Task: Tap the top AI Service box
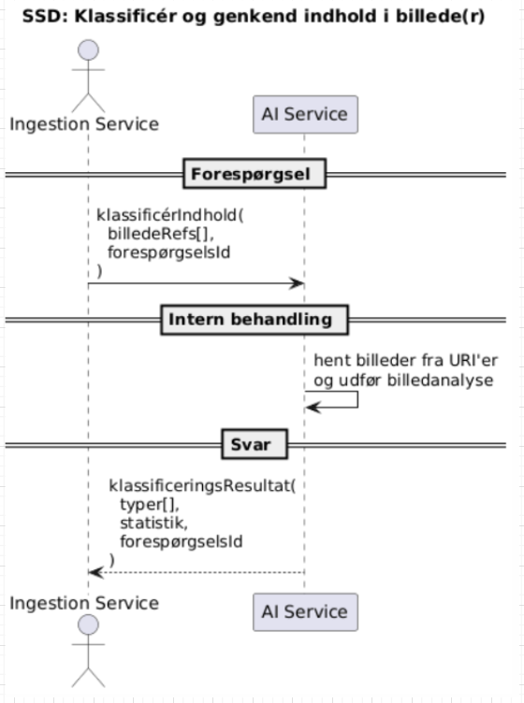point(305,115)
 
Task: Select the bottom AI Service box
point(305,612)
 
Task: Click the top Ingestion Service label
point(84,123)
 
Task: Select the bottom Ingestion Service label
point(84,603)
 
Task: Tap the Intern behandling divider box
point(250,319)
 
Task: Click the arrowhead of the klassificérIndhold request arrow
point(298,282)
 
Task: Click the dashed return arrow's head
point(94,572)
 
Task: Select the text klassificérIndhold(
point(169,215)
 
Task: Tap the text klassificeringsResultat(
point(208,486)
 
